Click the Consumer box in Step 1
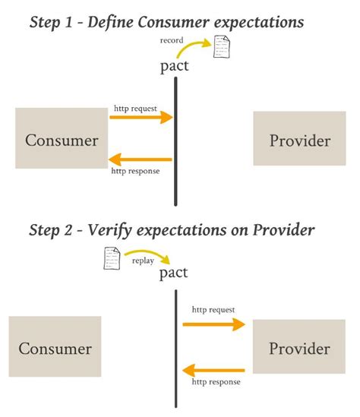pos(62,139)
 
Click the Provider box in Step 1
pos(299,140)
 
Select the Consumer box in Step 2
pos(55,348)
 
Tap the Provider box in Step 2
pos(299,347)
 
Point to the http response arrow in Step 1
pos(141,160)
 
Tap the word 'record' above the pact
pos(172,39)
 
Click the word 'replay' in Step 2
pos(144,260)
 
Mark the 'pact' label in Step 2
pos(174,273)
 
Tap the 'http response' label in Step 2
pos(216,382)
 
